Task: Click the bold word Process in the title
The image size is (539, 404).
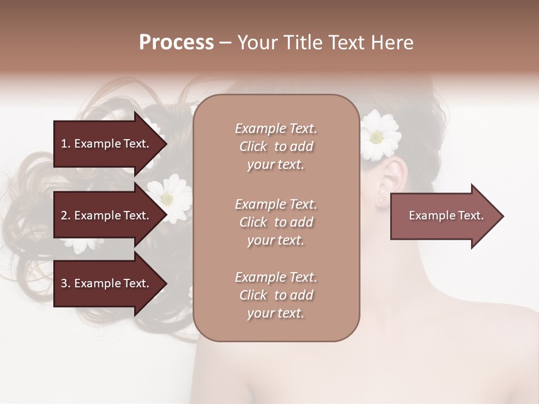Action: click(x=176, y=43)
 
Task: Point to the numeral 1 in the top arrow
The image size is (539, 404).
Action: click(x=64, y=144)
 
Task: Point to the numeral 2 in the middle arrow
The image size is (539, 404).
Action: click(x=64, y=215)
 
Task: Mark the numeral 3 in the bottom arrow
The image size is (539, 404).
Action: click(x=64, y=283)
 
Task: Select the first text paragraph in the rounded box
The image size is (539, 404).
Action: click(x=276, y=146)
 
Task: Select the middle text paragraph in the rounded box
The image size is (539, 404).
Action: click(x=276, y=222)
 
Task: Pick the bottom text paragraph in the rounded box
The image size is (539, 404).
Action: click(x=276, y=295)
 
